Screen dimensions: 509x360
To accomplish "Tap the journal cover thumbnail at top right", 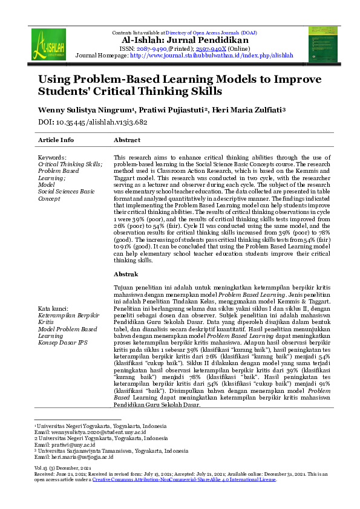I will point(323,44).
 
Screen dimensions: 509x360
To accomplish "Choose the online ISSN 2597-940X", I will point(213,48).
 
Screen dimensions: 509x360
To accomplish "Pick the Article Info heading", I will point(56,140).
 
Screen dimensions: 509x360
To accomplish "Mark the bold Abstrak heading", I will point(126,274).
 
